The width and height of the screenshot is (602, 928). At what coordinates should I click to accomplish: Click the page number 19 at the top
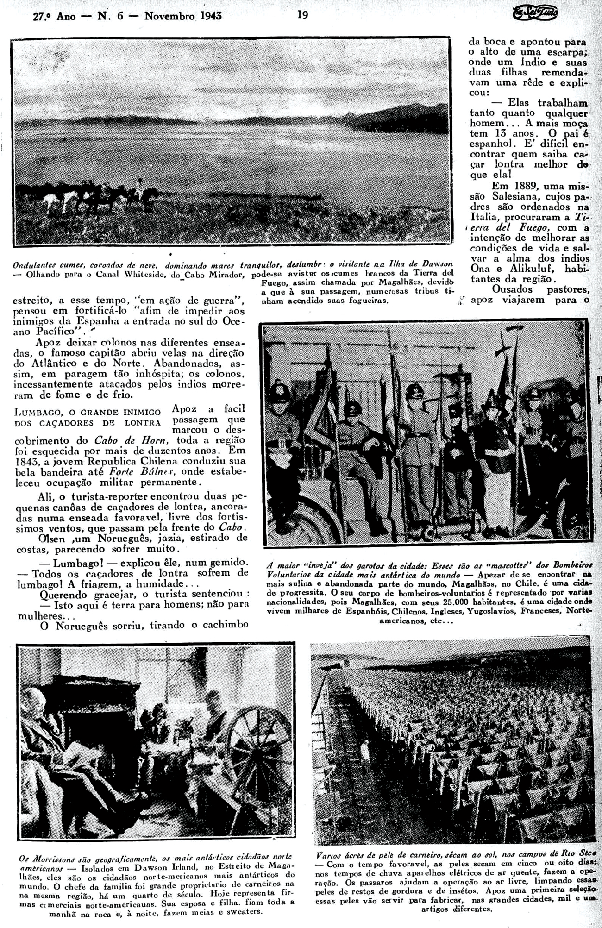[302, 15]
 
